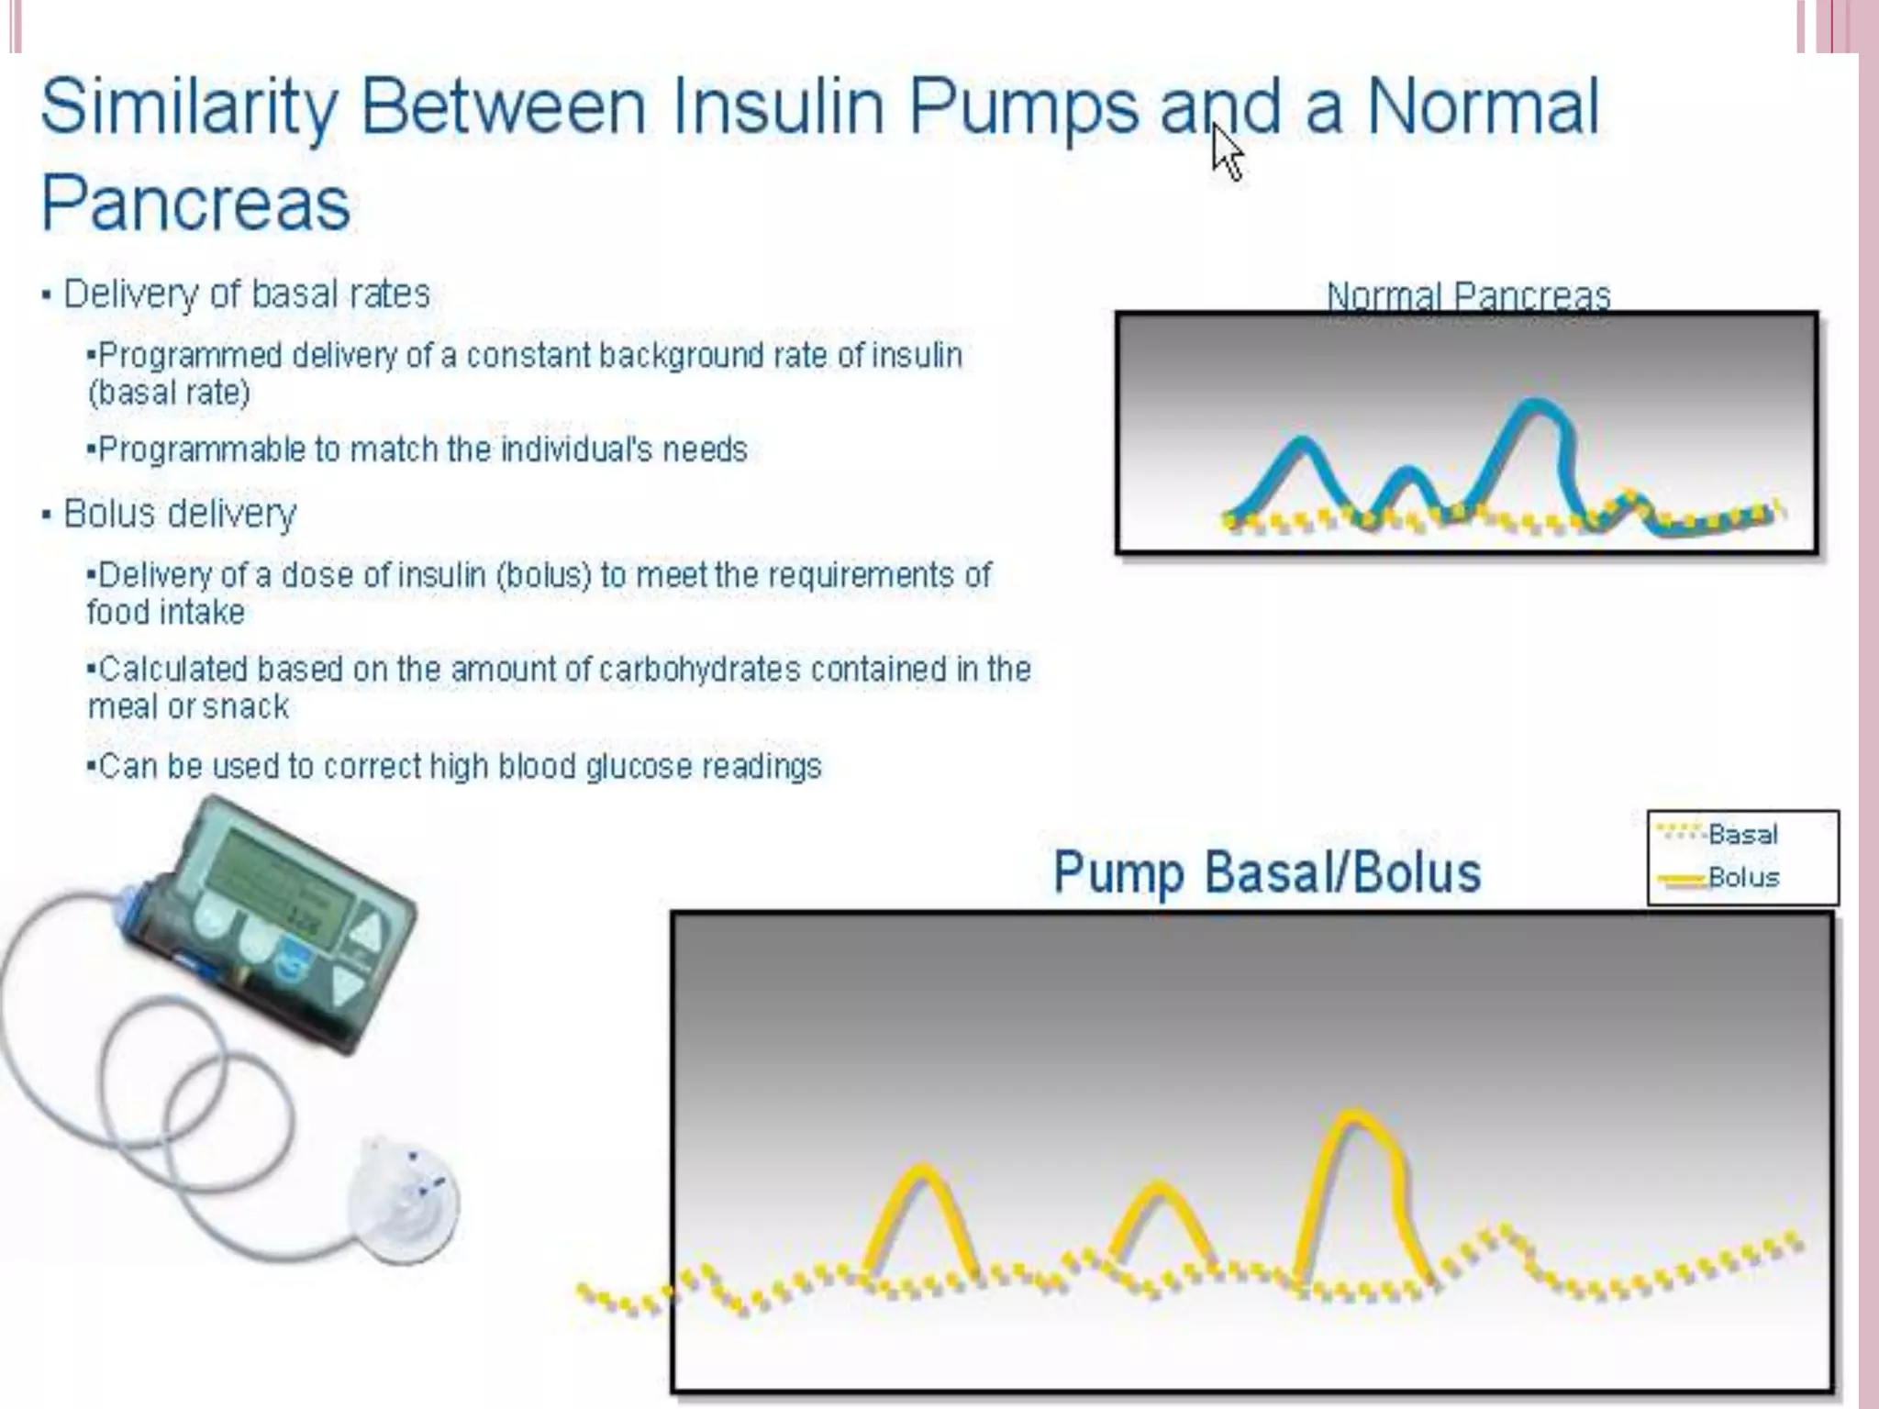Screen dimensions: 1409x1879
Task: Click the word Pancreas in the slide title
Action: click(195, 204)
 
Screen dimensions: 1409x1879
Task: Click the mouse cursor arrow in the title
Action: click(1227, 154)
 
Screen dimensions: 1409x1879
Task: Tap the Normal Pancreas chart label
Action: click(1468, 295)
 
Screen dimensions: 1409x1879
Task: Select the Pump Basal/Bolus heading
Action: click(1267, 871)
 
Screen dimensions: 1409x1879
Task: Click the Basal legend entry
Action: click(1741, 834)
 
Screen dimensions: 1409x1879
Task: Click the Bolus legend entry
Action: click(1741, 877)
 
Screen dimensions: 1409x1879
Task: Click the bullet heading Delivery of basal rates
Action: click(246, 294)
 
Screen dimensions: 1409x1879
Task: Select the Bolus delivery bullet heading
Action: click(180, 514)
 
